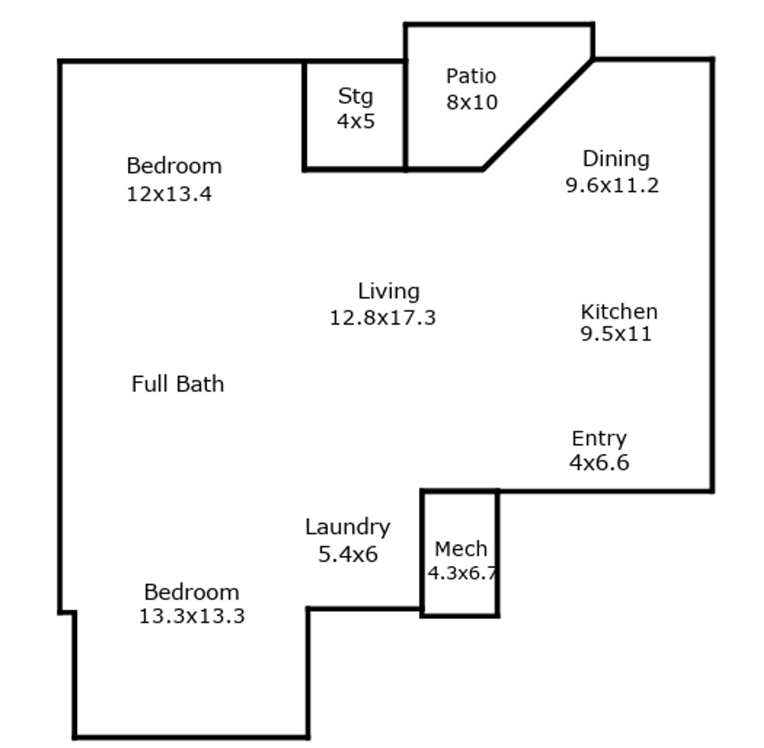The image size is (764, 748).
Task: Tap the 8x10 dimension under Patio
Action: tap(472, 103)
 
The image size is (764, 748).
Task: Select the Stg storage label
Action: tap(355, 97)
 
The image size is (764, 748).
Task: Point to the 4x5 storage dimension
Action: tap(356, 121)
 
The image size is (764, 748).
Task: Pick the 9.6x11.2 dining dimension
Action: tap(612, 185)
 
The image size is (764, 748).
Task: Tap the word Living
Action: tap(388, 292)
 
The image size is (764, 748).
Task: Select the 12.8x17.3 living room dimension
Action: tap(383, 318)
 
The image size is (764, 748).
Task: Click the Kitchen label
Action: tap(619, 312)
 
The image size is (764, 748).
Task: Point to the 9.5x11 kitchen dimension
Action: tap(616, 334)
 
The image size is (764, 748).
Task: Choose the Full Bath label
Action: tap(178, 384)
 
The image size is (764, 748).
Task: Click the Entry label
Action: tap(599, 439)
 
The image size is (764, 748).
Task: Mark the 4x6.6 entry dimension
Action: tap(599, 462)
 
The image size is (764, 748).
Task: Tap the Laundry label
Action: tap(348, 527)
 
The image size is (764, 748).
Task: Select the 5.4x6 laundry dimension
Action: tap(348, 554)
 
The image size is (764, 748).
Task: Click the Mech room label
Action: tap(461, 549)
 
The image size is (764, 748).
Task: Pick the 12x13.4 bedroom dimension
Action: tap(169, 194)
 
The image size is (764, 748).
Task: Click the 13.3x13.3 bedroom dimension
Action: tap(192, 616)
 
